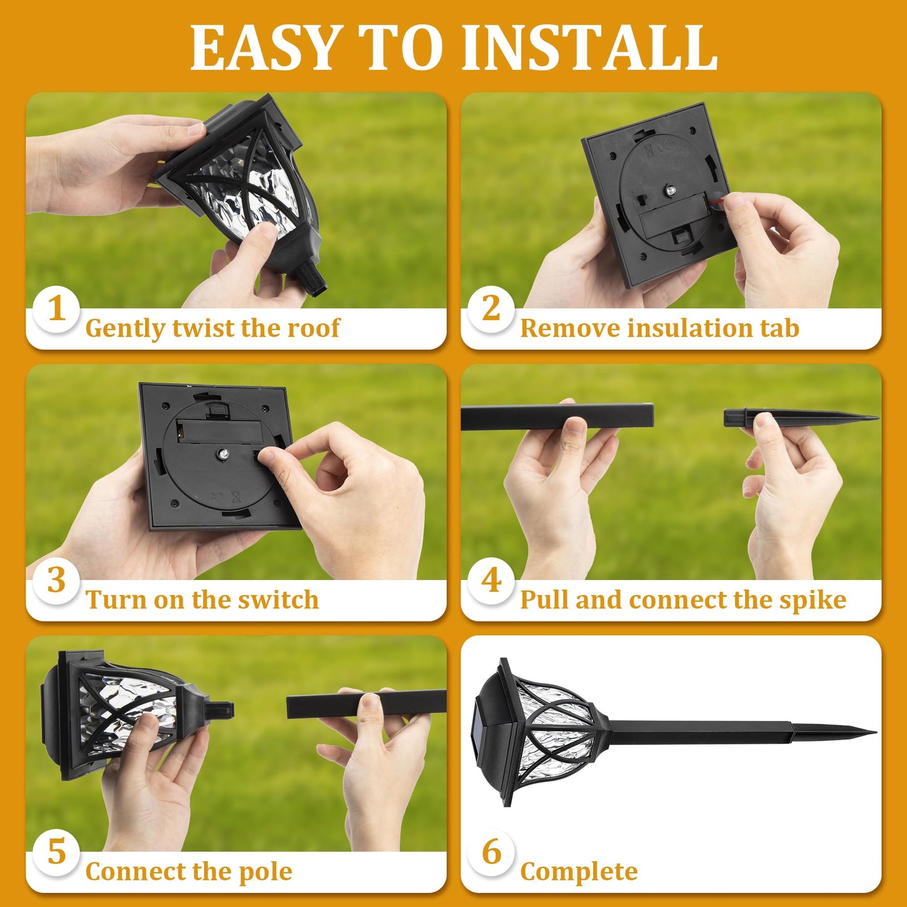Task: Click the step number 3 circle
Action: tap(56, 581)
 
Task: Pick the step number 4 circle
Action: tap(491, 581)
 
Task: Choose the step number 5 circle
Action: tap(56, 852)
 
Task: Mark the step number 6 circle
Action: tap(491, 852)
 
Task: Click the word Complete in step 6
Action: tap(579, 872)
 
